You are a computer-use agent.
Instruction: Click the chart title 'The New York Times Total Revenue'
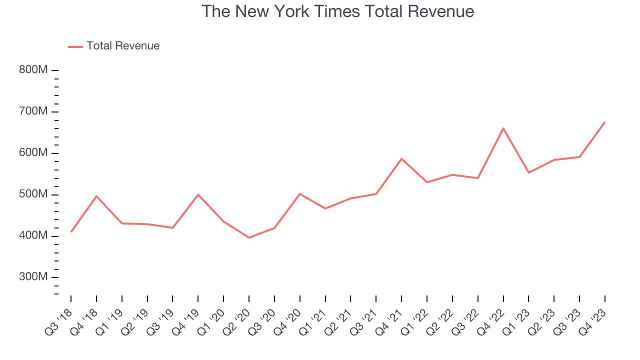[337, 11]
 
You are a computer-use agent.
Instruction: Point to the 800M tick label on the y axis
[33, 70]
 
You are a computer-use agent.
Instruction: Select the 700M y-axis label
[33, 111]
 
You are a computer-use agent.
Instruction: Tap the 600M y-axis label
[33, 153]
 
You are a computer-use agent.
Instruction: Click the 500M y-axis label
[33, 194]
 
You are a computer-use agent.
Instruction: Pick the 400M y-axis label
[33, 236]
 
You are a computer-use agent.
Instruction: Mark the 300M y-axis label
[33, 277]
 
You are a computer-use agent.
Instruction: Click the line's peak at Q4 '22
[503, 128]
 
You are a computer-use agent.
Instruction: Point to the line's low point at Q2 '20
[249, 237]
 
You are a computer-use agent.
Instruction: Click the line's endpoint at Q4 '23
[604, 122]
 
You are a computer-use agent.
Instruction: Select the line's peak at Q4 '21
[401, 158]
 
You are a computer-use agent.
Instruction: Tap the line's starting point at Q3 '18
[71, 231]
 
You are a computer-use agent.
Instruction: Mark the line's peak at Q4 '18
[96, 196]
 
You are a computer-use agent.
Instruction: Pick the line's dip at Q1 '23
[528, 172]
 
